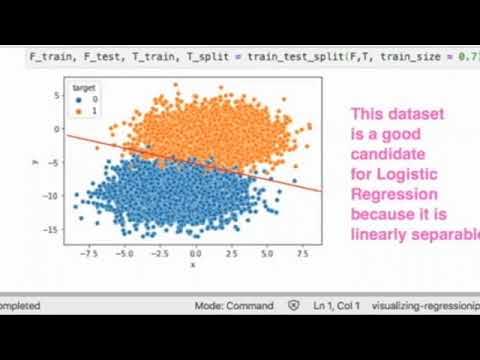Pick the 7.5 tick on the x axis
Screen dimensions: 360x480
point(302,255)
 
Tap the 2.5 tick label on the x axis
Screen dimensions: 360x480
point(231,255)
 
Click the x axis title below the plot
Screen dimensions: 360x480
point(193,266)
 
